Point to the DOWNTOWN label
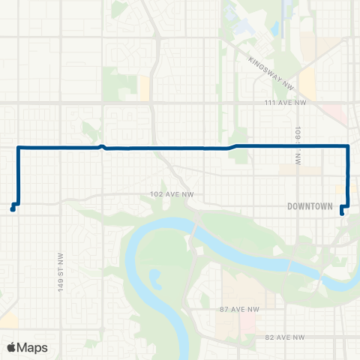(309, 205)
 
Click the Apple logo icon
(12, 347)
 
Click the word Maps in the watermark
(34, 347)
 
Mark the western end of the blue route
(12, 209)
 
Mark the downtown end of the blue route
(342, 213)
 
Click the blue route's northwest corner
(18, 148)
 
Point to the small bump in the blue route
(101, 145)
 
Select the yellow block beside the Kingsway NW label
(307, 82)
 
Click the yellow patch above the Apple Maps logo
(9, 321)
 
